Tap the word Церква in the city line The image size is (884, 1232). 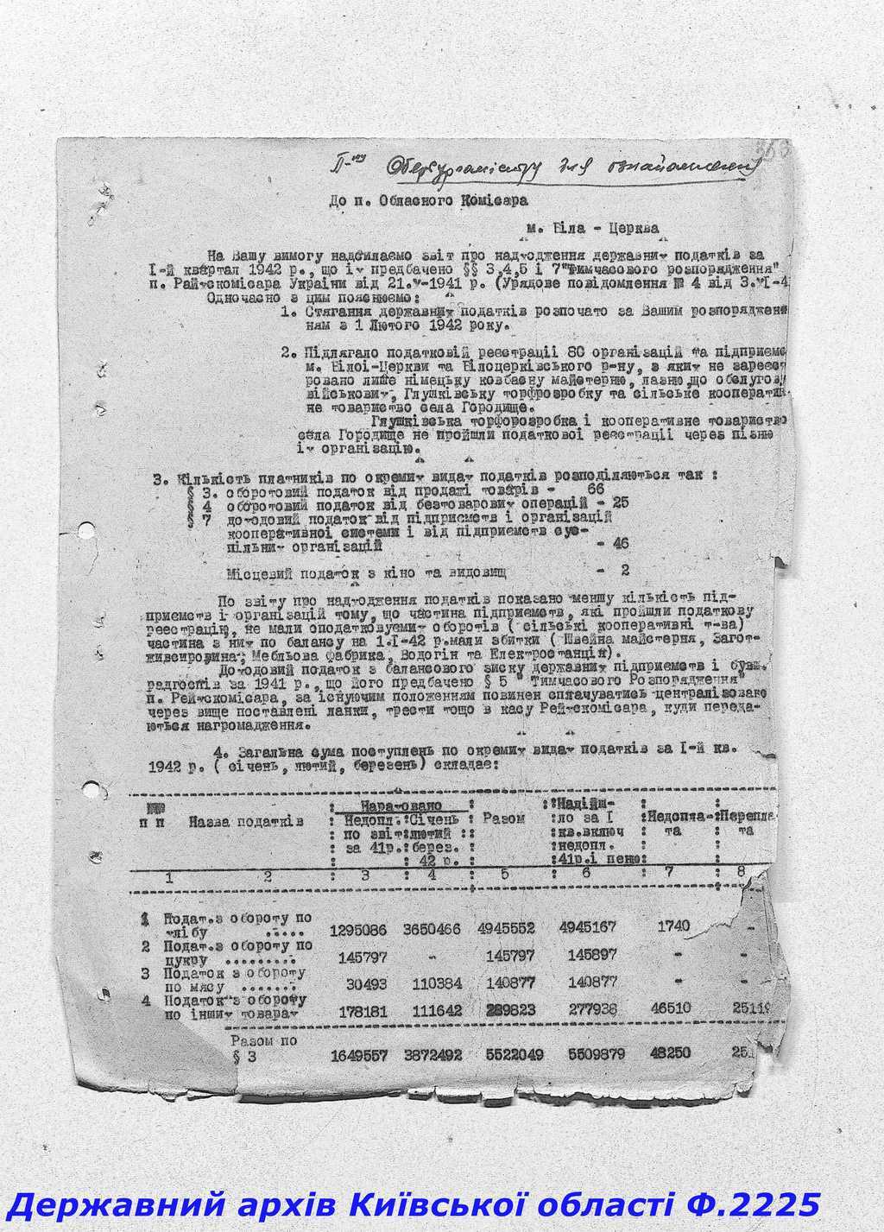628,229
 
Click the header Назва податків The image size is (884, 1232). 247,821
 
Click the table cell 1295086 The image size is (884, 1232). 358,930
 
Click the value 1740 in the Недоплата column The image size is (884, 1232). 673,926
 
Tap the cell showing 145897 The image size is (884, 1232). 586,957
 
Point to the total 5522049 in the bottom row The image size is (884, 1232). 509,1055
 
